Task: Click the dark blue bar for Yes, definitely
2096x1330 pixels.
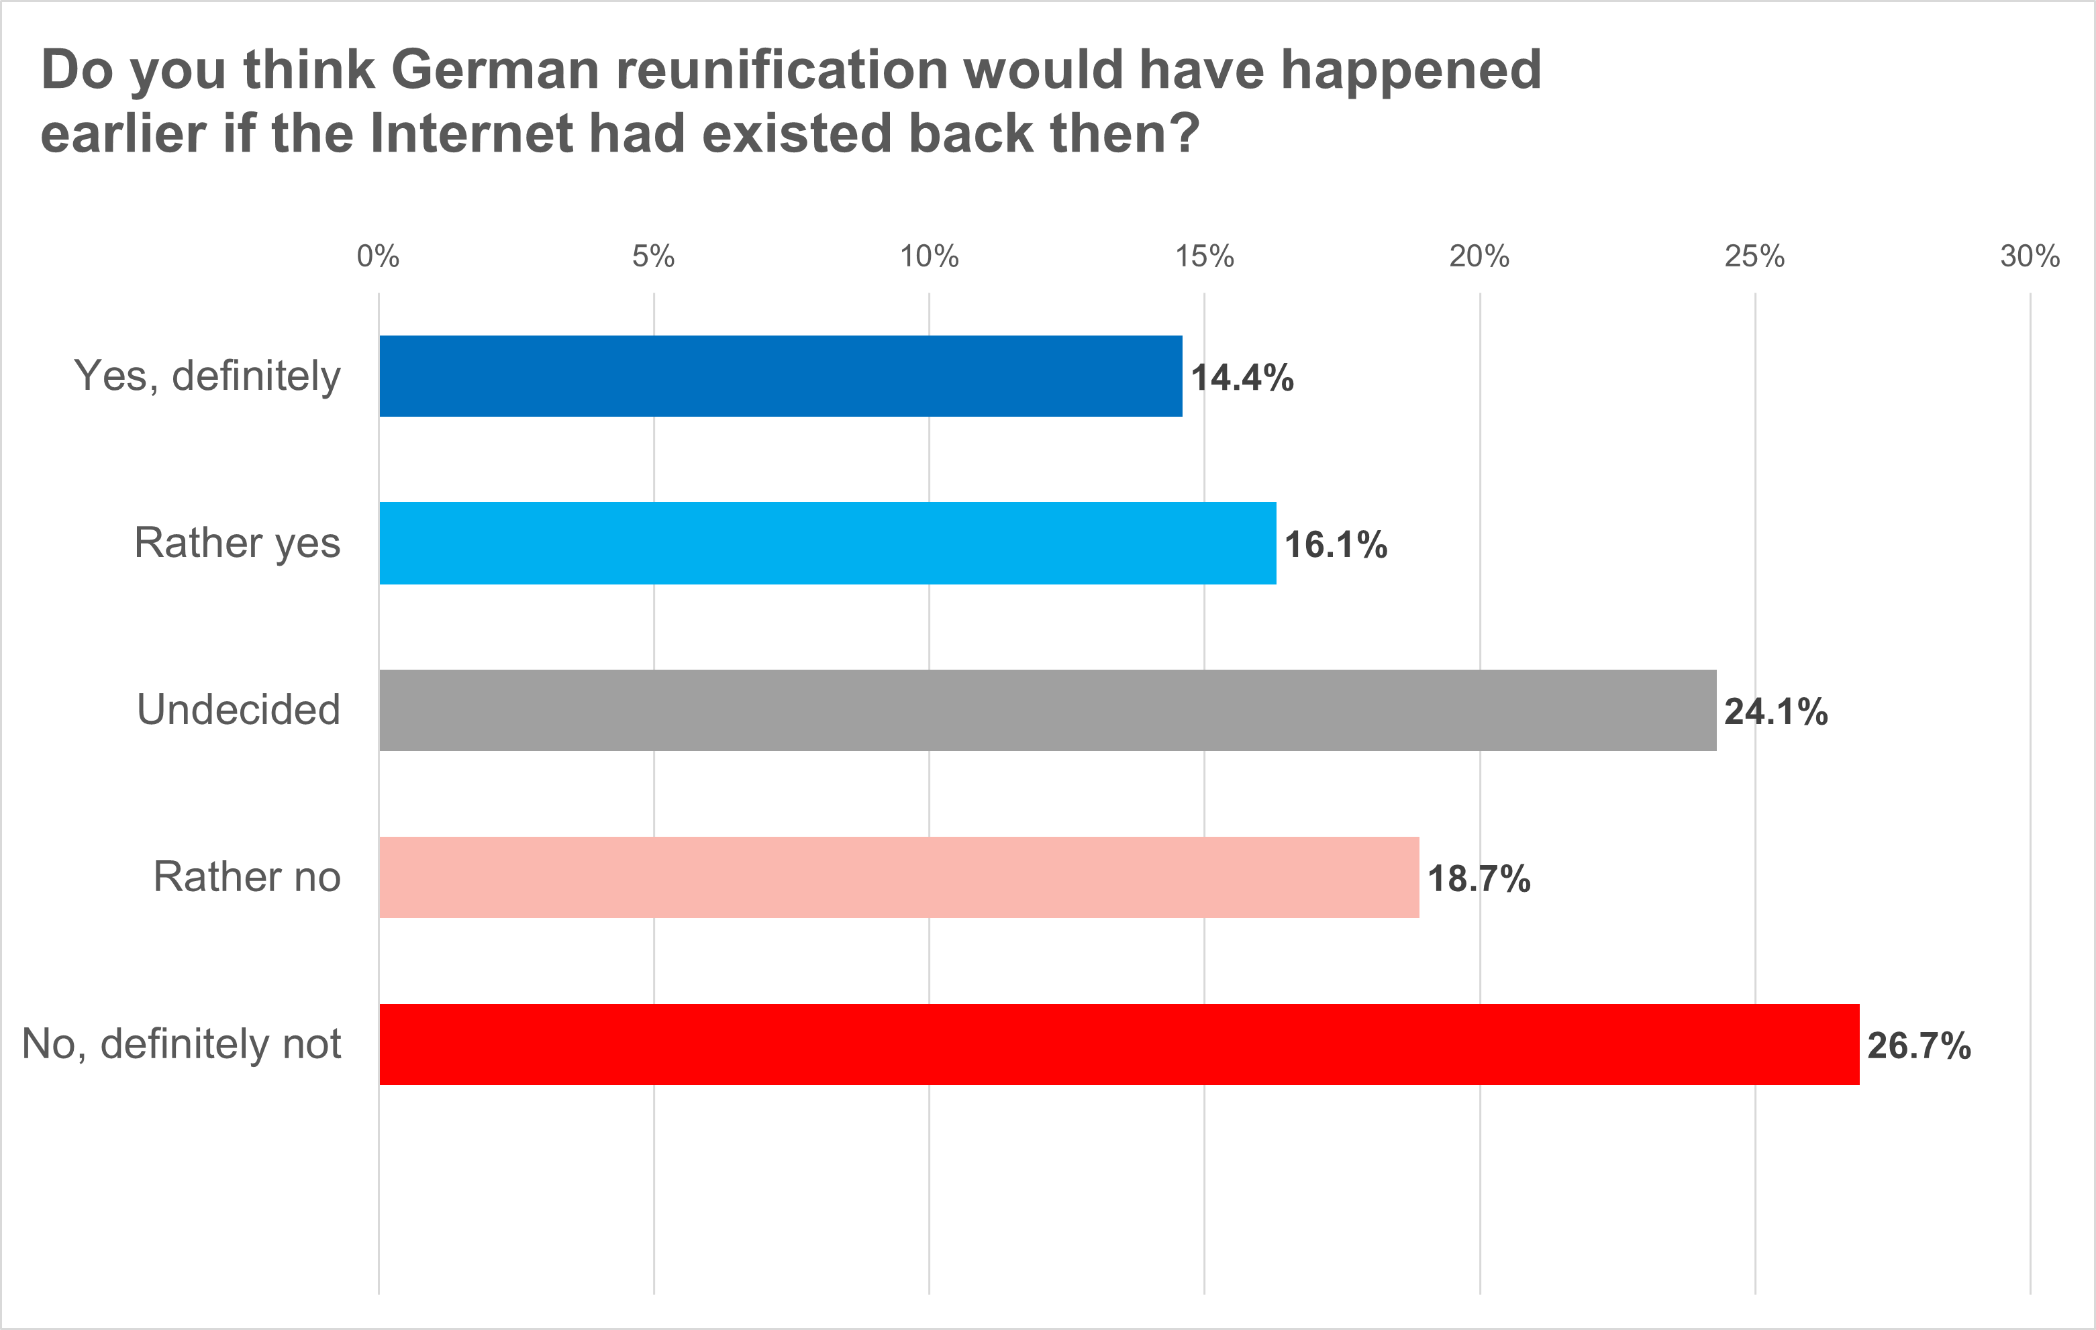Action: [x=781, y=376]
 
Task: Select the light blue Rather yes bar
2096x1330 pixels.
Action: [x=828, y=543]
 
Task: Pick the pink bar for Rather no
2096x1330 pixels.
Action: [x=899, y=877]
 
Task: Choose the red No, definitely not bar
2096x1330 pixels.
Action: [x=1119, y=1045]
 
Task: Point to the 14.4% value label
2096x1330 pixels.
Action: [x=1242, y=378]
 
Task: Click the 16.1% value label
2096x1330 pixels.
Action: [x=1336, y=545]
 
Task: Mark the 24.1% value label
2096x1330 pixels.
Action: [x=1776, y=712]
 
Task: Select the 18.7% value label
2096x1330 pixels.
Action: [x=1479, y=879]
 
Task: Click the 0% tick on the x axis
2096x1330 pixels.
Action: [x=379, y=257]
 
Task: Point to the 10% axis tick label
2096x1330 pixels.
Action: [x=929, y=257]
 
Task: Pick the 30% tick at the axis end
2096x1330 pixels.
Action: [x=2029, y=257]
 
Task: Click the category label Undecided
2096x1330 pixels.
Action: [x=238, y=709]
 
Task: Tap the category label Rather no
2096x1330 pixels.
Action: [x=246, y=876]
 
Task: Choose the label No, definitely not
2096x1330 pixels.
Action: [x=181, y=1043]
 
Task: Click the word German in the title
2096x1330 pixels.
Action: [x=495, y=70]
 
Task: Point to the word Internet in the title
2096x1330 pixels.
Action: [x=471, y=134]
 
